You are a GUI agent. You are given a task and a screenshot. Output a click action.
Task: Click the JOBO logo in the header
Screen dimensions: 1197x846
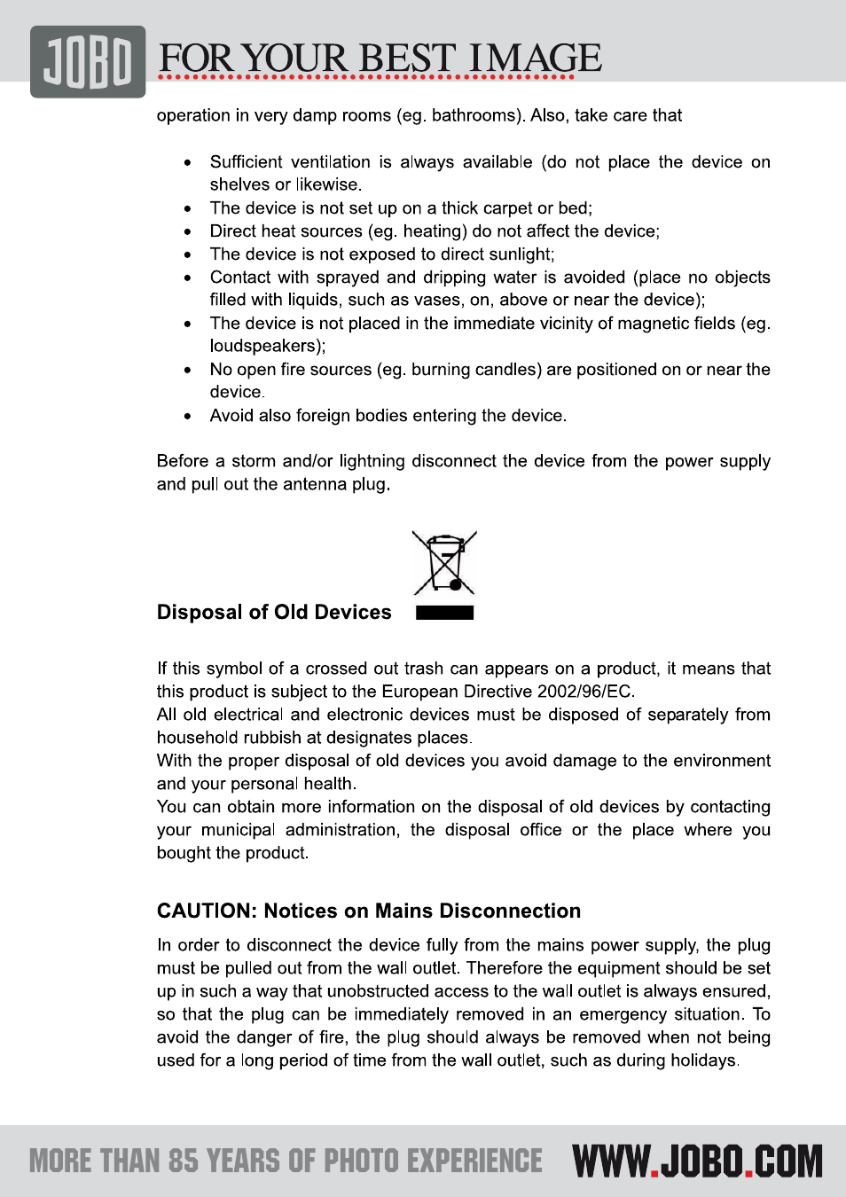point(88,61)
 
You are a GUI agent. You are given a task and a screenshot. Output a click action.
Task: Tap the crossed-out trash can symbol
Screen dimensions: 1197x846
point(444,563)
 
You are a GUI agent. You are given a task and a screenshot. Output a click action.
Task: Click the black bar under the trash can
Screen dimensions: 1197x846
point(444,613)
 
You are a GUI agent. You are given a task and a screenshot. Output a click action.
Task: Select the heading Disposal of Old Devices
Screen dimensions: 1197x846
point(274,613)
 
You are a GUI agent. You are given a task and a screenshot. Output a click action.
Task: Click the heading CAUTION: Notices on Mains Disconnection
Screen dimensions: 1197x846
point(369,911)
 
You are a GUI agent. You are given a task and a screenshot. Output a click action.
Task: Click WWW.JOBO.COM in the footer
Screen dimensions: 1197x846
point(697,1162)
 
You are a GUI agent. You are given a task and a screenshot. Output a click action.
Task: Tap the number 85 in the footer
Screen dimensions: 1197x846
point(183,1162)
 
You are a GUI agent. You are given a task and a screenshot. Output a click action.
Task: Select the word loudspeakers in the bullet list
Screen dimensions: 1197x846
point(264,346)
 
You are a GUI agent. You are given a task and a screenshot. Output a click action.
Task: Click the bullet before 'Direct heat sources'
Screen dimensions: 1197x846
point(188,231)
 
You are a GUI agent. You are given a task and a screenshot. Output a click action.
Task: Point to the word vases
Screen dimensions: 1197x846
point(431,301)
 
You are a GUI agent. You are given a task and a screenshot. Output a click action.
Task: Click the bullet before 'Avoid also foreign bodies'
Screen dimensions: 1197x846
point(188,416)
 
